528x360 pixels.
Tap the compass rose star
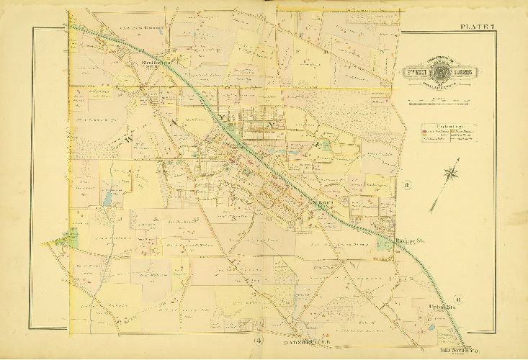coord(452,173)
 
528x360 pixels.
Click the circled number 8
coord(407,189)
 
